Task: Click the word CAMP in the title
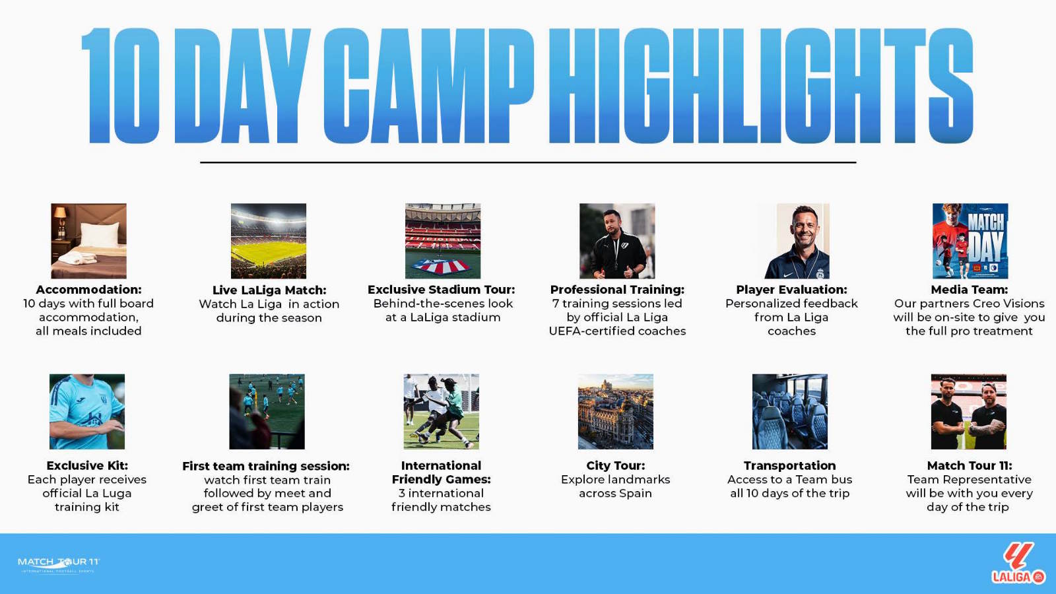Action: pyautogui.click(x=429, y=85)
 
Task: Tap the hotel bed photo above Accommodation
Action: pyautogui.click(x=88, y=241)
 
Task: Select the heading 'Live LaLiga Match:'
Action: pyautogui.click(x=269, y=290)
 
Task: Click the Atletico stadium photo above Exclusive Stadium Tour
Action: pyautogui.click(x=443, y=241)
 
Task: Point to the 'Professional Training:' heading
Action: pyautogui.click(x=617, y=290)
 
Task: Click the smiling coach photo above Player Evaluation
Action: pyautogui.click(x=797, y=241)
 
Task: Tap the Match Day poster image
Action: pyautogui.click(x=970, y=241)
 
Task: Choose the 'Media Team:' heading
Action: pyautogui.click(x=970, y=290)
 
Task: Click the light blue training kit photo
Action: pyautogui.click(x=87, y=412)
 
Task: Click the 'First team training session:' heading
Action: pyautogui.click(x=266, y=466)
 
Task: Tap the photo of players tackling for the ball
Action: pyautogui.click(x=442, y=412)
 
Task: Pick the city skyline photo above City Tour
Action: pyautogui.click(x=616, y=412)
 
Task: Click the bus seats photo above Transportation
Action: pyautogui.click(x=789, y=412)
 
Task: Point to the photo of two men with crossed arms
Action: pyautogui.click(x=969, y=412)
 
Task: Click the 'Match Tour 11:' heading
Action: pyautogui.click(x=970, y=466)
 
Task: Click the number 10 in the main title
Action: pyautogui.click(x=121, y=85)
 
